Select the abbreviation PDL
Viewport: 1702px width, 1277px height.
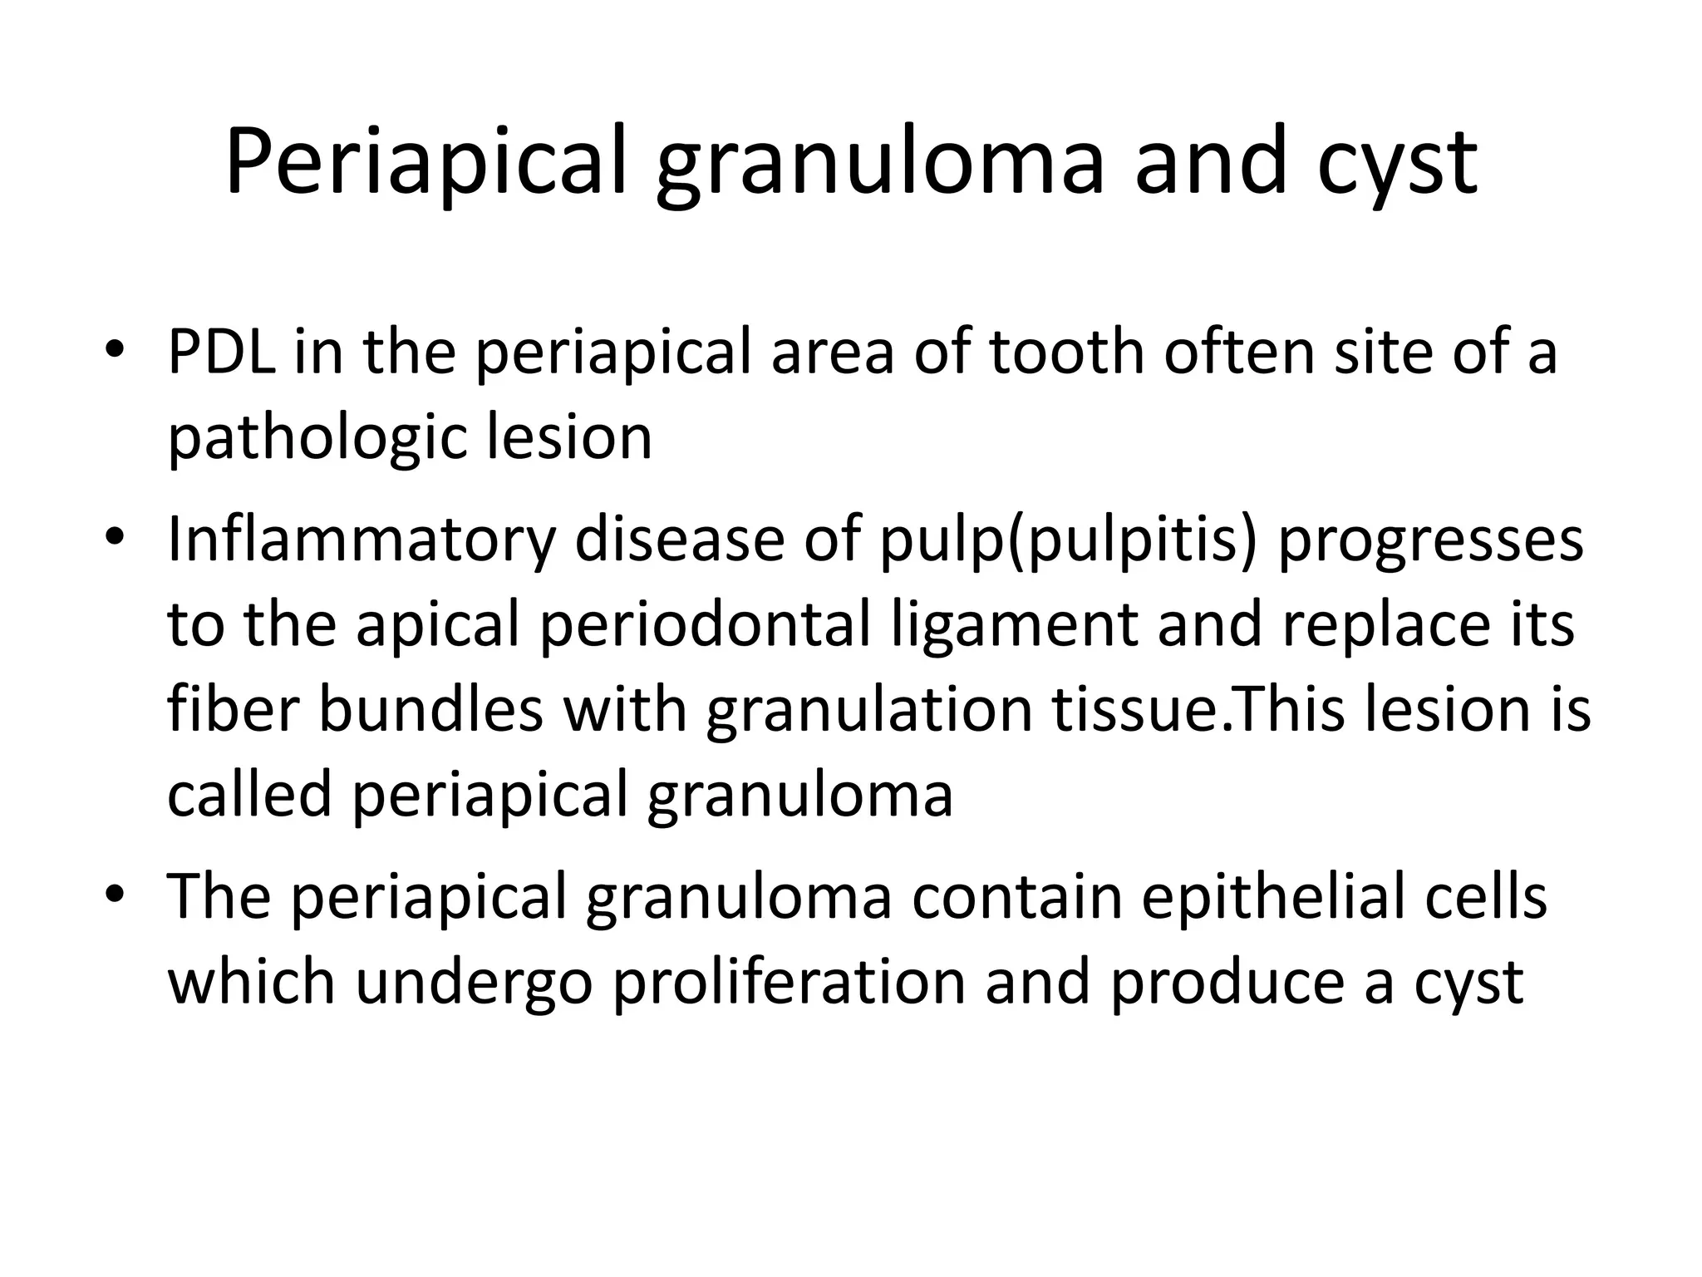click(221, 352)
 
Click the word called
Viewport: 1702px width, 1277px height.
click(248, 794)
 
